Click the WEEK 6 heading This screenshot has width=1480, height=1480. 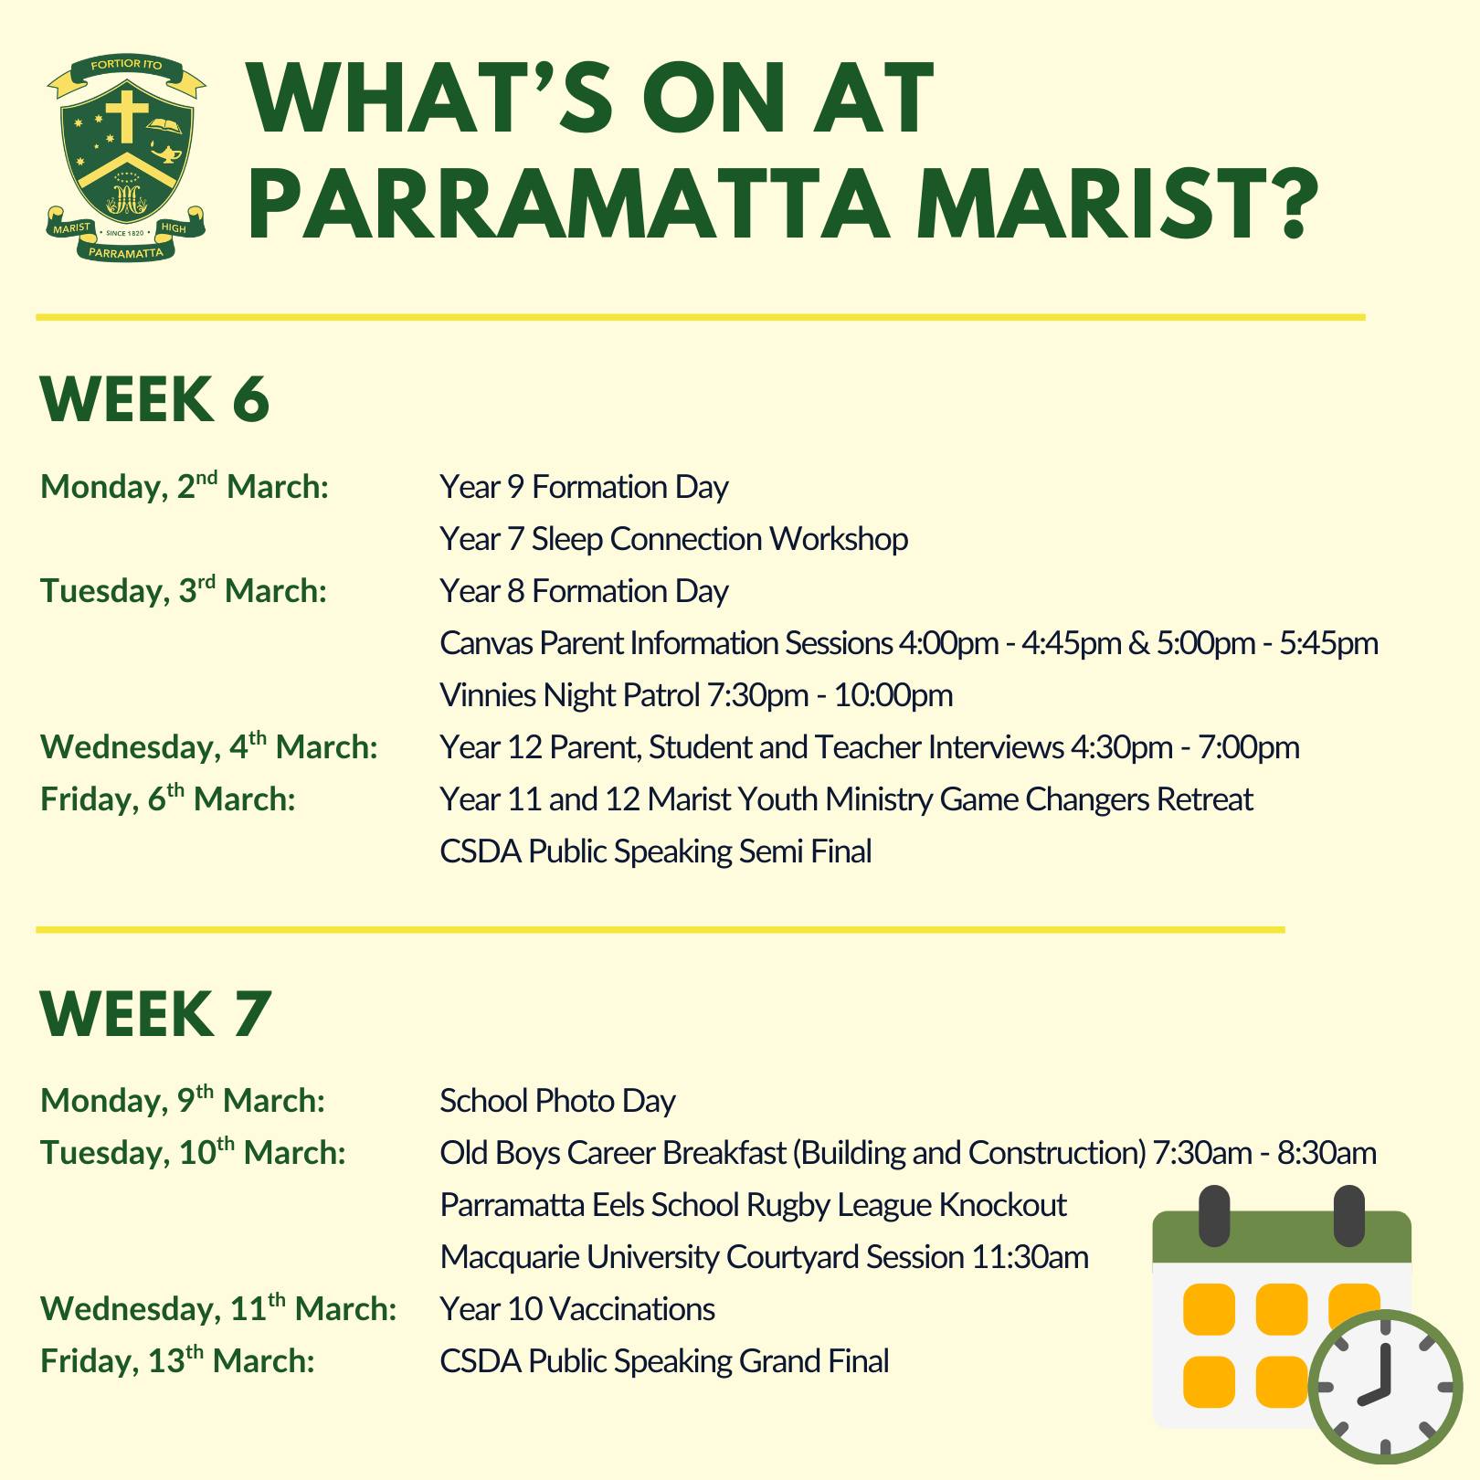pyautogui.click(x=155, y=399)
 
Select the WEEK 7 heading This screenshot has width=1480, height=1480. pyautogui.click(x=156, y=1013)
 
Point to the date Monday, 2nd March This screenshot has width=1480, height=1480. pyautogui.click(x=185, y=485)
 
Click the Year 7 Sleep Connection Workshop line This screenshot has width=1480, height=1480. pyautogui.click(x=674, y=539)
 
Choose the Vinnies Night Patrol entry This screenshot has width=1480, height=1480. pyautogui.click(x=696, y=695)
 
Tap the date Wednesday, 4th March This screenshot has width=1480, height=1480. pyautogui.click(x=209, y=746)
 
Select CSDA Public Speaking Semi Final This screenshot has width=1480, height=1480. pyautogui.click(x=656, y=851)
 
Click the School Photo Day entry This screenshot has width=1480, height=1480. pyautogui.click(x=557, y=1100)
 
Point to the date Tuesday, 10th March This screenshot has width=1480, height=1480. pyautogui.click(x=194, y=1152)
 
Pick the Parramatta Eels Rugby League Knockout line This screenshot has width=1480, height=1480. pyautogui.click(x=753, y=1205)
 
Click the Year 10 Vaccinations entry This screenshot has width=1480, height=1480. pyautogui.click(x=577, y=1309)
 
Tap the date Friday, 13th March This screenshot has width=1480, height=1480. pyautogui.click(x=178, y=1360)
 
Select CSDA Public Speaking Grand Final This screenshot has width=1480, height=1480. pyautogui.click(x=664, y=1361)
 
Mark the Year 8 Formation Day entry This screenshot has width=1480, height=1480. pyautogui.click(x=584, y=591)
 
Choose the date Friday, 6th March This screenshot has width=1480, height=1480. pyautogui.click(x=168, y=799)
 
